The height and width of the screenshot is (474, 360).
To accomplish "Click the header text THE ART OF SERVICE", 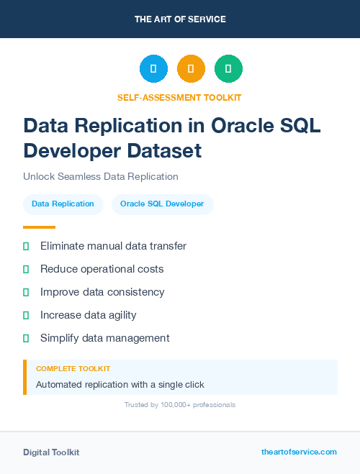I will pos(180,19).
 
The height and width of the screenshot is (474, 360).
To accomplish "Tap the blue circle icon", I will pos(153,69).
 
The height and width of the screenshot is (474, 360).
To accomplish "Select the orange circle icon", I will pos(191,69).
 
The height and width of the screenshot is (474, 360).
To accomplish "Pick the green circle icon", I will pos(228,69).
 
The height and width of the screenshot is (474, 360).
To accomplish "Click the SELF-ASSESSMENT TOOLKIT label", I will pos(179,97).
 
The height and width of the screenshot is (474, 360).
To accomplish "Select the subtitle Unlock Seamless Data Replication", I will pos(100,176).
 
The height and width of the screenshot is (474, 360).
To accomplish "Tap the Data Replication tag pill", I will pos(63,204).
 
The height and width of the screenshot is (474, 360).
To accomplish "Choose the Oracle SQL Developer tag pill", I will pos(162,204).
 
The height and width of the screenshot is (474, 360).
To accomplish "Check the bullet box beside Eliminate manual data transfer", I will pos(26,247).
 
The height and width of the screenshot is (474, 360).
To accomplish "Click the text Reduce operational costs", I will pos(102,269).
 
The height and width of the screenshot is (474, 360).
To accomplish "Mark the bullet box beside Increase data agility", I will pos(26,315).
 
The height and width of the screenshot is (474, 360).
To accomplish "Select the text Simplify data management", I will pos(104,338).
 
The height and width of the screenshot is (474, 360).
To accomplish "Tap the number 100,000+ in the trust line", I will pos(171,405).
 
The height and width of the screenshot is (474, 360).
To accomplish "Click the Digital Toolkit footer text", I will pos(51,452).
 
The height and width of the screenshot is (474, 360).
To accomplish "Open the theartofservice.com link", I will pos(299,452).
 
